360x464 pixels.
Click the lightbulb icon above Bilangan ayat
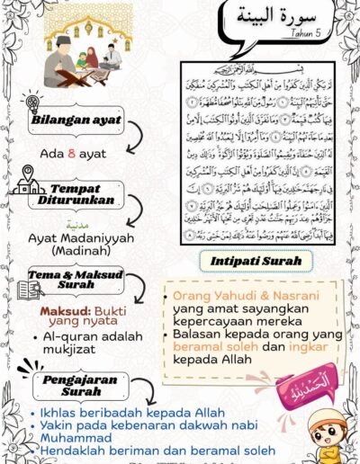coord(33,101)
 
